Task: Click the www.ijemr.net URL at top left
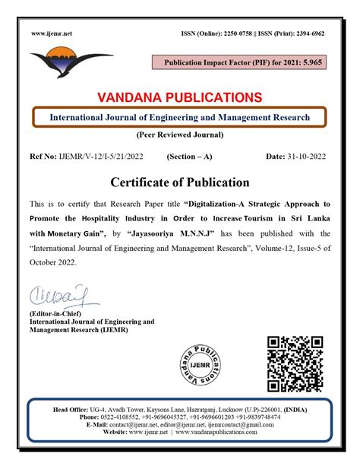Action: point(52,34)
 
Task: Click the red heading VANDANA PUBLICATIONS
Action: point(179,97)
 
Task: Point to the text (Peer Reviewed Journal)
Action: point(179,135)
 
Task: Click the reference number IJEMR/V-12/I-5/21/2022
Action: point(99,156)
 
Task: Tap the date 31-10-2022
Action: point(308,156)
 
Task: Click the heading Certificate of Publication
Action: point(180,182)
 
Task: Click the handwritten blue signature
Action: point(59,293)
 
